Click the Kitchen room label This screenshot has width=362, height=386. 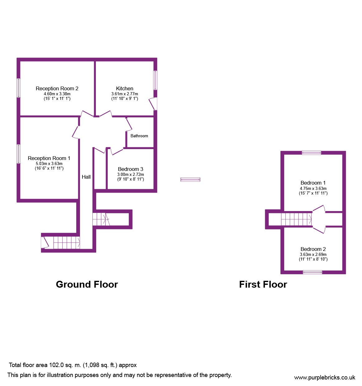125,88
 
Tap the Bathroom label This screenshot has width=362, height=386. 139,136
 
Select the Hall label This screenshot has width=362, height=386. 86,177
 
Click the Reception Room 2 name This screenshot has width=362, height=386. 57,89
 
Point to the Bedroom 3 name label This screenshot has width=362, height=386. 130,169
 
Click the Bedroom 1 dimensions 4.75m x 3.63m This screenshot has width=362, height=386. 313,188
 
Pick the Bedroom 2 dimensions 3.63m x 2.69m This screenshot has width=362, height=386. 313,254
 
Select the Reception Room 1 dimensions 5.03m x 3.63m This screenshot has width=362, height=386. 49,164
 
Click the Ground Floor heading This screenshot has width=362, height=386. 87,284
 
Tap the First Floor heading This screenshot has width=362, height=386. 263,284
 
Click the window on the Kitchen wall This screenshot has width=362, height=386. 155,80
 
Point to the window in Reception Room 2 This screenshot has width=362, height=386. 18,88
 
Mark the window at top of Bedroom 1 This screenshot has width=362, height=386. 312,153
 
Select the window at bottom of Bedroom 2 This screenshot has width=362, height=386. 313,272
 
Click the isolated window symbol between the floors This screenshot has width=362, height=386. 190,180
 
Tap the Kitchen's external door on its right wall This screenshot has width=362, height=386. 153,104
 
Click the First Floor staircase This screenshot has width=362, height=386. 296,219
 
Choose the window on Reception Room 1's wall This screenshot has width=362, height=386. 18,154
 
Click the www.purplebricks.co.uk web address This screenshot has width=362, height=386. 325,378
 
